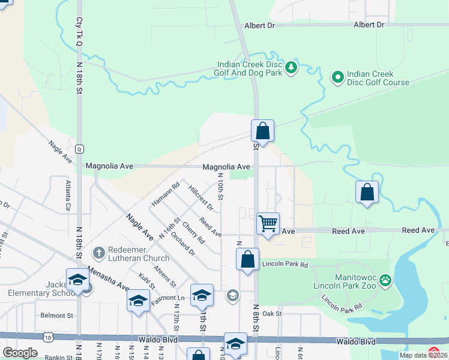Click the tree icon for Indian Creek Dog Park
pos(291,66)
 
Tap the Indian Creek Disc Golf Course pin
pos(338,77)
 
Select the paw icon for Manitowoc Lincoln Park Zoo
pos(385,280)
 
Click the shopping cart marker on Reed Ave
pos(268,224)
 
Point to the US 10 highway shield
pos(47,338)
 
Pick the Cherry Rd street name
pos(193,233)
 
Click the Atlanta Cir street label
pos(68,195)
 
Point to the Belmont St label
pos(56,315)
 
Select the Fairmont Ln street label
pos(168,298)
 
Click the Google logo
pos(20,353)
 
